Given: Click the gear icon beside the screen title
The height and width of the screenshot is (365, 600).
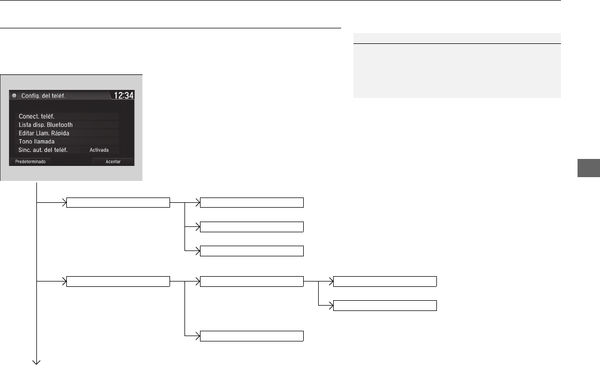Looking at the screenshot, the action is pos(14,95).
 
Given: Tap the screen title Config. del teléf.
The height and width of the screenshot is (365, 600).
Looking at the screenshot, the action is pos(43,96).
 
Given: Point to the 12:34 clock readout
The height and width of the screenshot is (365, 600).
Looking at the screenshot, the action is pos(124,95).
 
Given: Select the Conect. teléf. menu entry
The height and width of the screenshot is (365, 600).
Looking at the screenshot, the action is pos(36,117).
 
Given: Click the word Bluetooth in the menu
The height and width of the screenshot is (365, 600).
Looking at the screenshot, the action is pos(60,125).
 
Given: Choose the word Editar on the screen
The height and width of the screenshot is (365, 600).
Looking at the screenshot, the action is pos(26,133).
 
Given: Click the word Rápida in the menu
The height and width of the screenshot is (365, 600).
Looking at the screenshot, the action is pos(60,133).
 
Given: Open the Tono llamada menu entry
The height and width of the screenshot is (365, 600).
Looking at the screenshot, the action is pos(37,142).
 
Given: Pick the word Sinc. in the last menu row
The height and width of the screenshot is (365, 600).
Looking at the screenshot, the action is pos(25,150).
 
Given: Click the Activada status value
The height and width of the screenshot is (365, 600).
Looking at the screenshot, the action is pos(99,150).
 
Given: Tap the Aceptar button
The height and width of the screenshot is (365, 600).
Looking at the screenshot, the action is pos(113,162).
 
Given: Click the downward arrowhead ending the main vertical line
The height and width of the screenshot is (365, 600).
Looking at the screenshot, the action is pos(36,362).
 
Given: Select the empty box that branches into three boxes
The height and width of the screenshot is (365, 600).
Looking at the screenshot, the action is pos(118,203).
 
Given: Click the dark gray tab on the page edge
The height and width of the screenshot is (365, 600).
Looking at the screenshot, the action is pos(589,168).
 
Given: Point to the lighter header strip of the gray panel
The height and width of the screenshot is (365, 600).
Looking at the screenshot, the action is pos(457,39).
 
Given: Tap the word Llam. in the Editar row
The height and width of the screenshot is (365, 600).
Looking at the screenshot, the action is pos(42,133).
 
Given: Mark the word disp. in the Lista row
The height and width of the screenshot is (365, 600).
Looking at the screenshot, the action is pos(39,125).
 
